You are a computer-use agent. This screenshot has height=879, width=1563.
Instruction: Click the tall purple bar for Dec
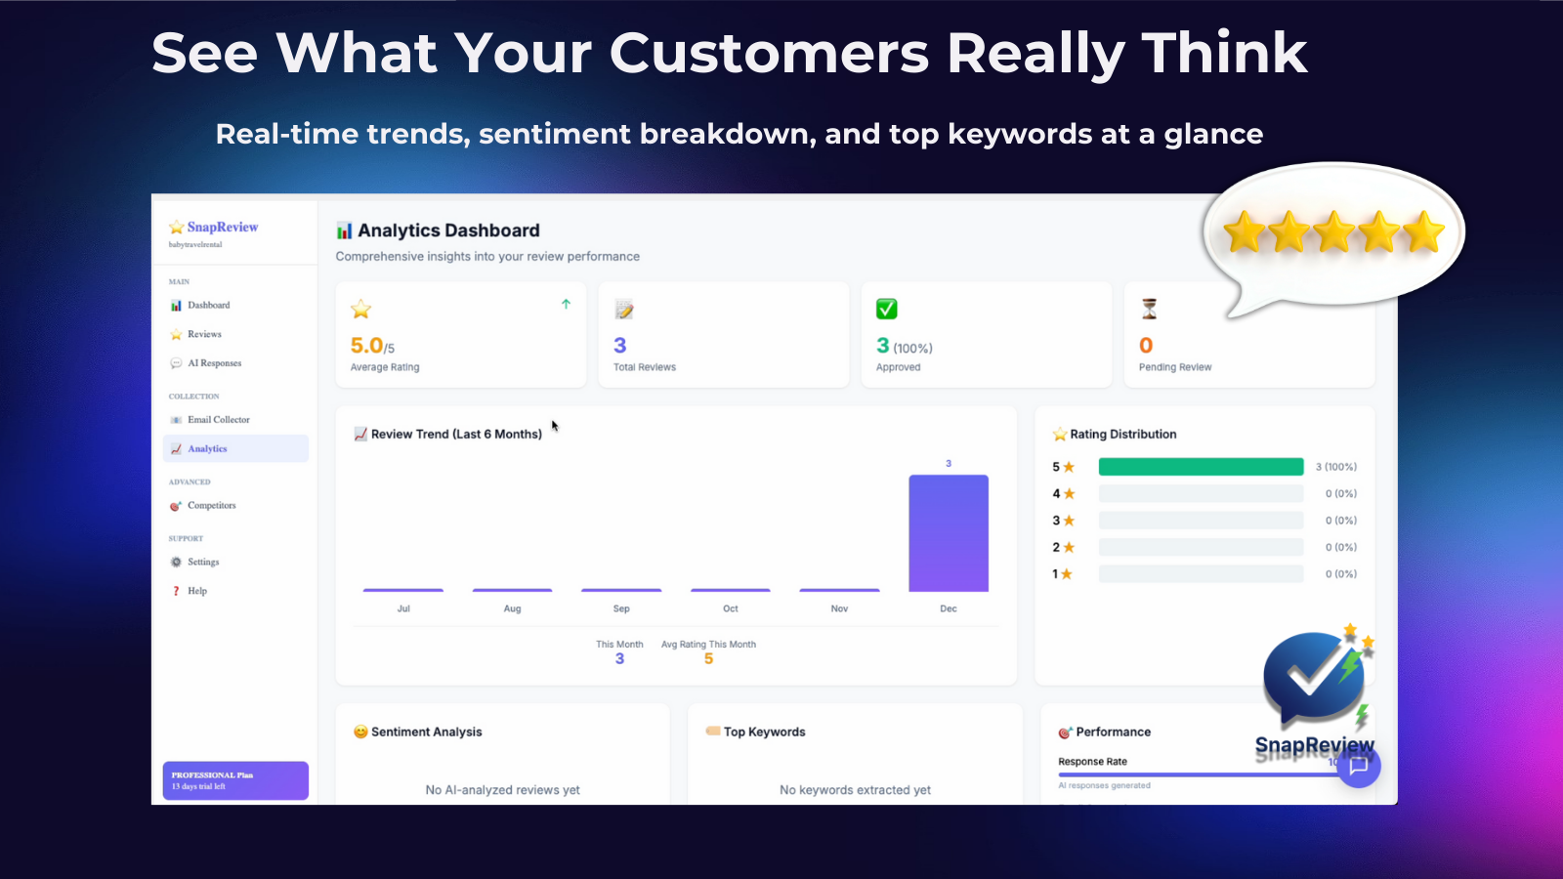948,533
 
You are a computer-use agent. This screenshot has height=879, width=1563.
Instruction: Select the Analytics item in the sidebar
207,449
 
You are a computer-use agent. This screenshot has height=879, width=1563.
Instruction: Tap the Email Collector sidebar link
218,420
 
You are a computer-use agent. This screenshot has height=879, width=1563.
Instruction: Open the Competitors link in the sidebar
211,506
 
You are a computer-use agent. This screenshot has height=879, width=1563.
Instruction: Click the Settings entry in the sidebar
203,563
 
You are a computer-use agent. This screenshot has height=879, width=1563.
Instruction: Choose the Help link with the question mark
196,591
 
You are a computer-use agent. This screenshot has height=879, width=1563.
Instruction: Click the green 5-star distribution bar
1201,467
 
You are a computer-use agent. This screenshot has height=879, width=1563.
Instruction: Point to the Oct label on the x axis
731,608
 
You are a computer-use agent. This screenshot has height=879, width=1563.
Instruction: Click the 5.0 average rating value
367,346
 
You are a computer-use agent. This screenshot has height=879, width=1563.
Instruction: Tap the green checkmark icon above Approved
886,310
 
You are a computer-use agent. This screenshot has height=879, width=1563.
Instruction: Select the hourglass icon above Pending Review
1149,310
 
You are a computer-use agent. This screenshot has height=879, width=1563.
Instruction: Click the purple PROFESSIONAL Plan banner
235,780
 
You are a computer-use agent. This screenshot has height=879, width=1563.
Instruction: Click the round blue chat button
1359,766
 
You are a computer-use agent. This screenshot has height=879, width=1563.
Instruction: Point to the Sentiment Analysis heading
426,732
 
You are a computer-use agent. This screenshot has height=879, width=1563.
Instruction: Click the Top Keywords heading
764,732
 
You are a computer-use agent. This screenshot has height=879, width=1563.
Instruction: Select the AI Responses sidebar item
214,363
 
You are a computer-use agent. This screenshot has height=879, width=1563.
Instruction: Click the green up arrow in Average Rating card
566,305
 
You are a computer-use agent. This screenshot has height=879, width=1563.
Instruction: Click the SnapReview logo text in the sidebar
222,227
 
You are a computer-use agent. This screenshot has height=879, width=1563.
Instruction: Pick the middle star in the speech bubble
1333,232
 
